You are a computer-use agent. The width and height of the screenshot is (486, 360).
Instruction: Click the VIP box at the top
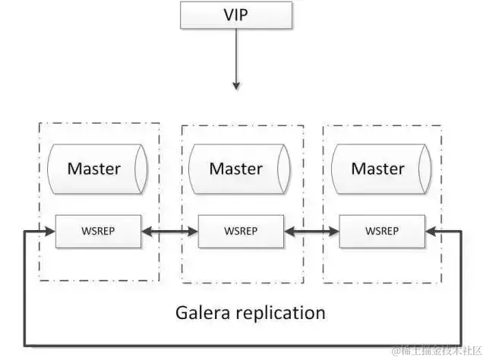coord(235,15)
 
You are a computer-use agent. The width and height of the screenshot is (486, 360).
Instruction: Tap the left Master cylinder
coord(93,169)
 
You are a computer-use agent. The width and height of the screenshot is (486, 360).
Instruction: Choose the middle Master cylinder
coord(235,169)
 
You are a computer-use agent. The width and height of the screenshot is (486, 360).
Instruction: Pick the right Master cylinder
coord(377,169)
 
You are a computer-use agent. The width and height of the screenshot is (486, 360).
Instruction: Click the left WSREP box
coord(98,231)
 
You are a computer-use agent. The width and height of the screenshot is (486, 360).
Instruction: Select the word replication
coord(280,312)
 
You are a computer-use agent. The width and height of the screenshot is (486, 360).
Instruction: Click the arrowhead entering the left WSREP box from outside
coord(51,231)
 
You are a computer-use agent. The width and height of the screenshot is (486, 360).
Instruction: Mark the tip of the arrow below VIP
coord(235,87)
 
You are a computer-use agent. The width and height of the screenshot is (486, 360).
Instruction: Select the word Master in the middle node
coord(235,169)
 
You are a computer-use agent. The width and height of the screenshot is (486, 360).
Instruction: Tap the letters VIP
coord(235,15)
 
